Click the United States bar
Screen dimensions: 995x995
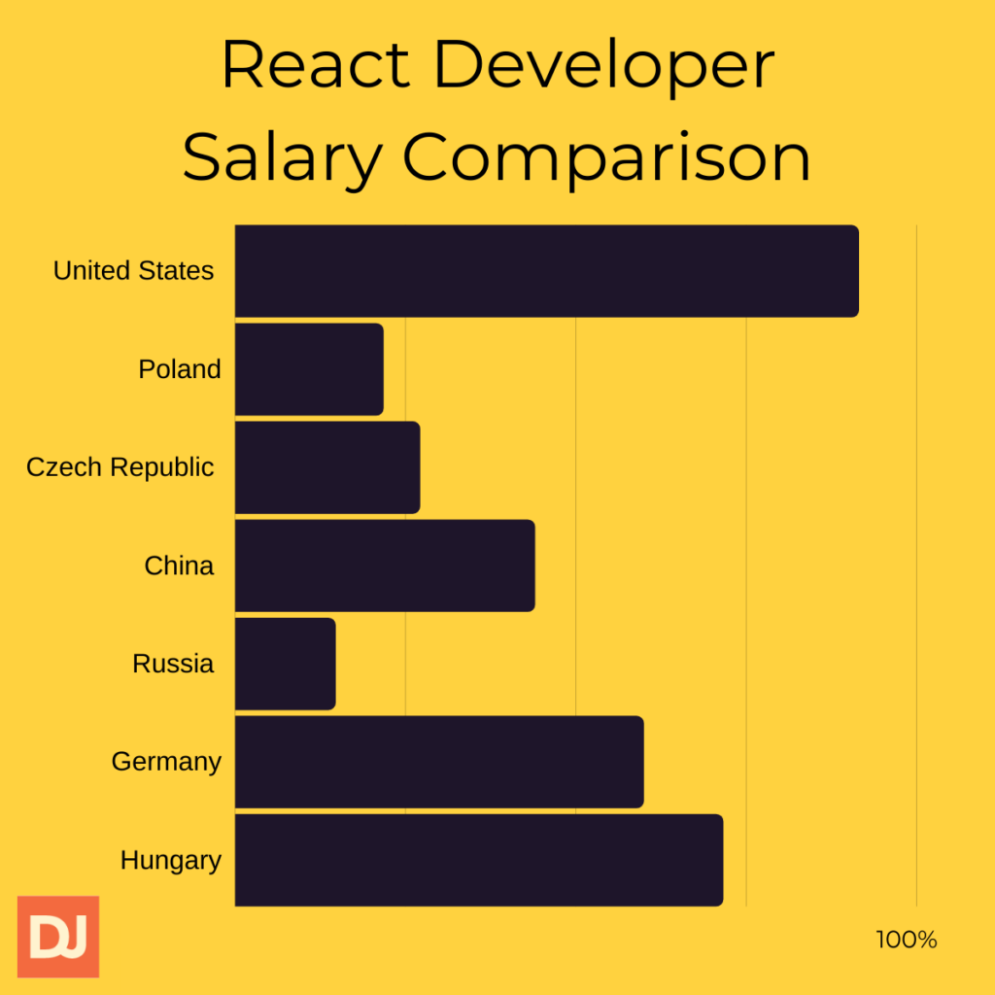click(x=547, y=271)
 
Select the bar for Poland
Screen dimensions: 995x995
click(x=309, y=369)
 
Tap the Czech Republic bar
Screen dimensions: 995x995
click(x=327, y=467)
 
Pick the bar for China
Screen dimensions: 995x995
click(x=385, y=566)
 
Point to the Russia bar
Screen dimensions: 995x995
click(x=286, y=664)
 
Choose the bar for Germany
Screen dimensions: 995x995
click(x=439, y=762)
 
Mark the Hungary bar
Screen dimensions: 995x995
click(x=479, y=860)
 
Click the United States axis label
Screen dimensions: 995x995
click(x=133, y=271)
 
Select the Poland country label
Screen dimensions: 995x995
click(x=180, y=369)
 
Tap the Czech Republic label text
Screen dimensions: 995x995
click(x=120, y=467)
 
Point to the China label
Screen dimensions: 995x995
click(x=179, y=566)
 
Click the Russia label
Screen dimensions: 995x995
click(x=173, y=664)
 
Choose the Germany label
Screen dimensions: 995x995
click(x=166, y=762)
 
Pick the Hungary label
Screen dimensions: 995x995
click(x=171, y=861)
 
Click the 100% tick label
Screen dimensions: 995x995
click(x=907, y=940)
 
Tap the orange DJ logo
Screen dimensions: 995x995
click(x=58, y=937)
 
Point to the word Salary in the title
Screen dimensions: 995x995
click(x=282, y=157)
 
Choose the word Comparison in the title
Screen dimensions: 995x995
click(x=606, y=157)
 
